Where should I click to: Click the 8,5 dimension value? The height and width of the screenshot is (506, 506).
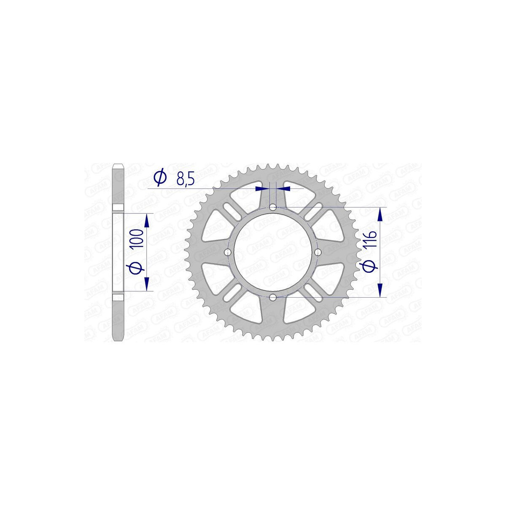pyautogui.click(x=186, y=180)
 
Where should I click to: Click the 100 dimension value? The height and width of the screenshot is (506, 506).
pyautogui.click(x=137, y=238)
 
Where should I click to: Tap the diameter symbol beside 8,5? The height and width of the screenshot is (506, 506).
pyautogui.click(x=160, y=177)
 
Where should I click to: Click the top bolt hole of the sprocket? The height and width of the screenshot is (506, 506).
pyautogui.click(x=273, y=207)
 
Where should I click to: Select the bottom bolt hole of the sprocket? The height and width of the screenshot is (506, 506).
pyautogui.click(x=273, y=298)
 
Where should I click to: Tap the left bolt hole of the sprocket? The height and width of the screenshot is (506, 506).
pyautogui.click(x=228, y=253)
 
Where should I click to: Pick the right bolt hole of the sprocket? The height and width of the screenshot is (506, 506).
pyautogui.click(x=318, y=253)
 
